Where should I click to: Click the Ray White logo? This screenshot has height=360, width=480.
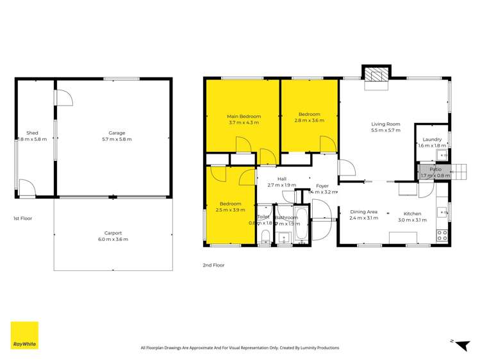click(24, 335)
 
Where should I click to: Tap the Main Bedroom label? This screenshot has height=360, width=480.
click(244, 116)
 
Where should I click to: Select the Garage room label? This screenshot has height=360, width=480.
click(112, 133)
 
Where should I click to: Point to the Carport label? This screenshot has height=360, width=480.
click(113, 233)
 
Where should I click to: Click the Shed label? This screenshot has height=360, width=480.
click(32, 133)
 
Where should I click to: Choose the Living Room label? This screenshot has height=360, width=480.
click(386, 124)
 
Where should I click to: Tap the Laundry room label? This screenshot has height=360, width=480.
click(432, 139)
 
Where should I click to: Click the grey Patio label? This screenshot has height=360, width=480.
click(436, 169)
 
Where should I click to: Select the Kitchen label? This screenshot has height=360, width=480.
click(412, 213)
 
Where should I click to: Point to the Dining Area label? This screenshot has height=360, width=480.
click(363, 211)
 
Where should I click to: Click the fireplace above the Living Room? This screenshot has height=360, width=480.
click(376, 74)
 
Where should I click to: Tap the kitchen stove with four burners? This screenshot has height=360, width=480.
click(442, 235)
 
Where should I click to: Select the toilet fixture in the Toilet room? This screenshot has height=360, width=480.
click(265, 238)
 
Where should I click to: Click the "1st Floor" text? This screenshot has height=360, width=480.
click(22, 218)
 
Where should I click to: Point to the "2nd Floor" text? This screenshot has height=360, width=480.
click(214, 265)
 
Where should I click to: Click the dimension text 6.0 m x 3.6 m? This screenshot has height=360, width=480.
click(113, 240)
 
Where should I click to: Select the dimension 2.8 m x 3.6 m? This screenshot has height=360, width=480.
click(308, 121)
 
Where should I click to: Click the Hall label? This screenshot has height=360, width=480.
click(282, 179)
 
